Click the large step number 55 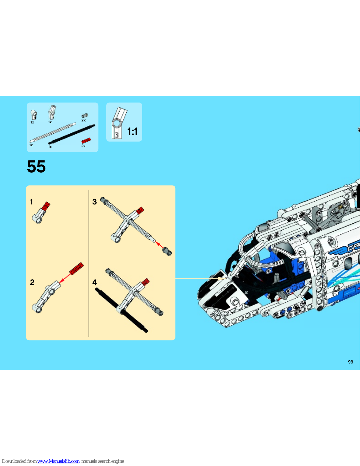coord(36,166)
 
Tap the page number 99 coord(351,362)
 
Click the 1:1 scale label coord(132,131)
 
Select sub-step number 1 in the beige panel coord(31,202)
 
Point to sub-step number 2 coord(32,282)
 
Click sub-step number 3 coord(95,202)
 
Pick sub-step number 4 coord(95,283)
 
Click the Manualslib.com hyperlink coord(58,461)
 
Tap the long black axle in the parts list coord(72,134)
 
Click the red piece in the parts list coord(86,140)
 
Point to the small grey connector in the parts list coord(85,116)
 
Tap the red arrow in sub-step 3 coord(159,245)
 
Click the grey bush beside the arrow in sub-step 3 coord(167,251)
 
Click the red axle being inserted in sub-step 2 coord(77,269)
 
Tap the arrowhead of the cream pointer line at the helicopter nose coord(223,278)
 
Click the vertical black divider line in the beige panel coord(89,263)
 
